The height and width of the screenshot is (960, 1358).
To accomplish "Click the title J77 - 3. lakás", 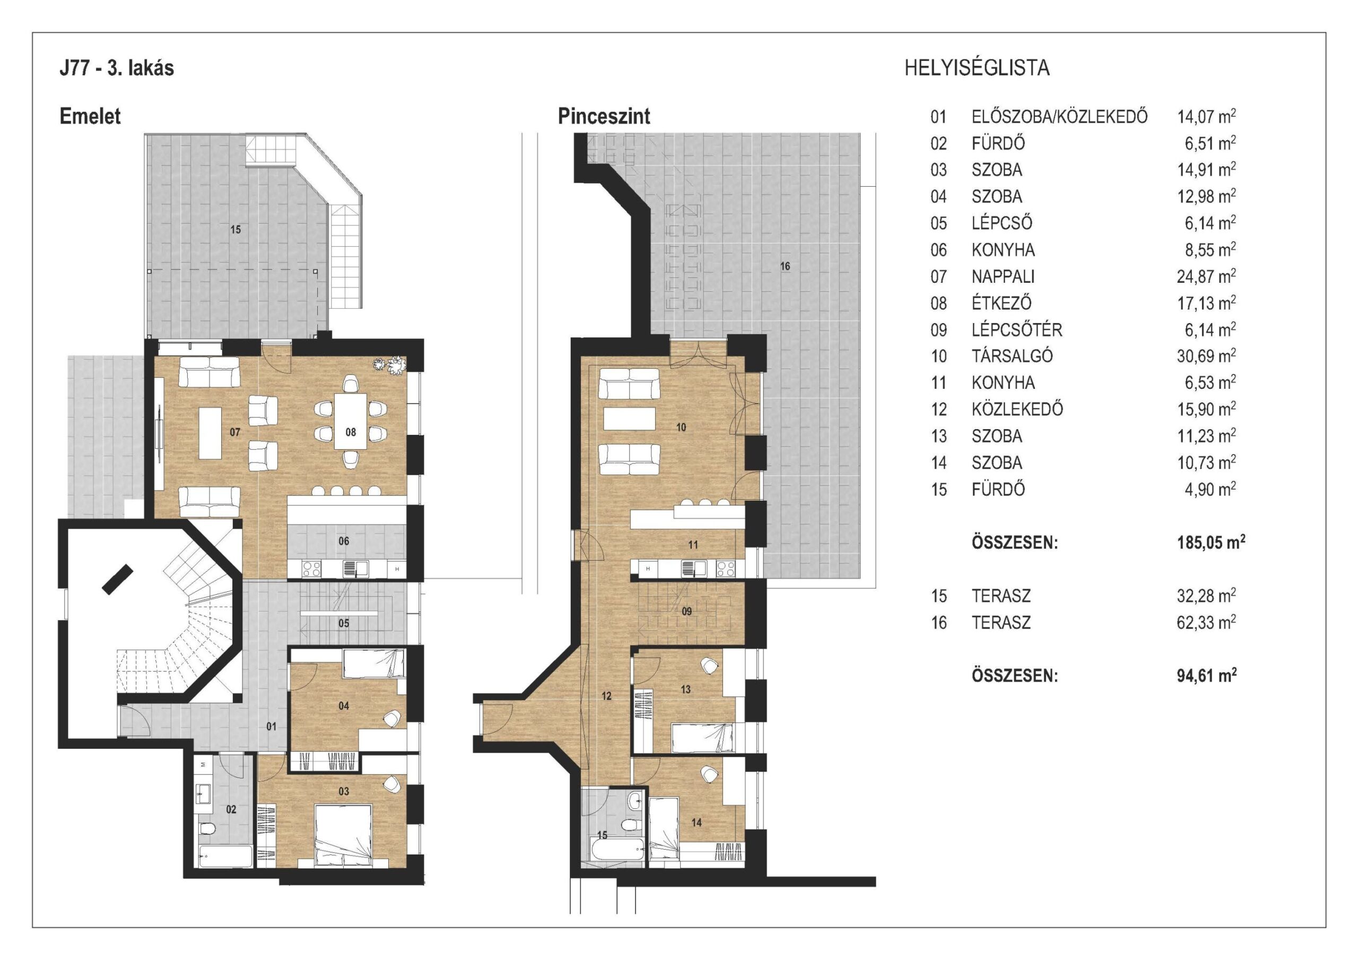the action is coord(117,68).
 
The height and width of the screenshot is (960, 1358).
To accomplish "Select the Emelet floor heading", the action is coord(90,116).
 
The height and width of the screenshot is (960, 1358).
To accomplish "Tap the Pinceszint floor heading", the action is coord(604,116).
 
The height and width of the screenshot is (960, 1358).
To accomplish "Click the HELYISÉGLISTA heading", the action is coord(977,68).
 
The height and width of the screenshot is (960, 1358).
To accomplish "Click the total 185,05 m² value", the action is coord(1211,543).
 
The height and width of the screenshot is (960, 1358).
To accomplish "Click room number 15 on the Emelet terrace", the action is coord(236,230).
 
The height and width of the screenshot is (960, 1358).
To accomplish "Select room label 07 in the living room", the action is coord(235,432).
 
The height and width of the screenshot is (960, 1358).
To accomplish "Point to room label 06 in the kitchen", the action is coord(344,541).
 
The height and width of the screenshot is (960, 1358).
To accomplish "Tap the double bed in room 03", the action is coord(343,836).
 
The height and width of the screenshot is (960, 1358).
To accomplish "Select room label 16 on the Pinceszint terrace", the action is coord(785,266).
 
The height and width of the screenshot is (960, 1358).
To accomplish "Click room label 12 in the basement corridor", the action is coord(606,696).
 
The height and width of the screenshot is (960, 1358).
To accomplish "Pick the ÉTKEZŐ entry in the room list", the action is coord(1002,303).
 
